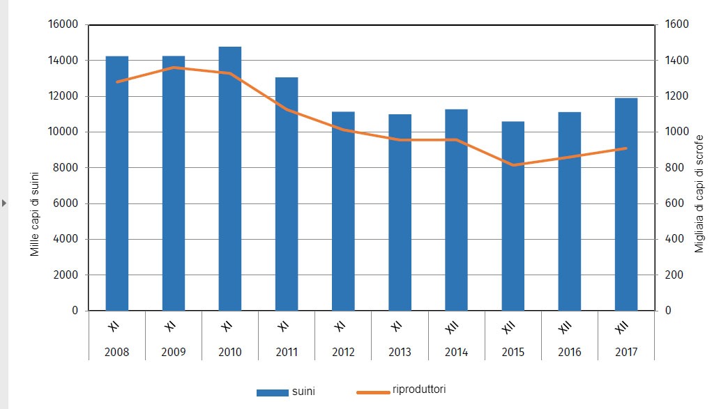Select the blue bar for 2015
click(513, 216)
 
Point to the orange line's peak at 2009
click(174, 68)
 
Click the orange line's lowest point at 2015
click(513, 165)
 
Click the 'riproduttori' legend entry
click(411, 389)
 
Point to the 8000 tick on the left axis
click(67, 168)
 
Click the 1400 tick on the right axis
click(676, 61)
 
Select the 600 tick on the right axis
click(673, 203)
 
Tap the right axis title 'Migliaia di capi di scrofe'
click(699, 193)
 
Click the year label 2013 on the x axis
click(400, 352)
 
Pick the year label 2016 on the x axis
click(569, 352)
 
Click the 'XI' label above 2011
click(283, 326)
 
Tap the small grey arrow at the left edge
click(4, 203)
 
